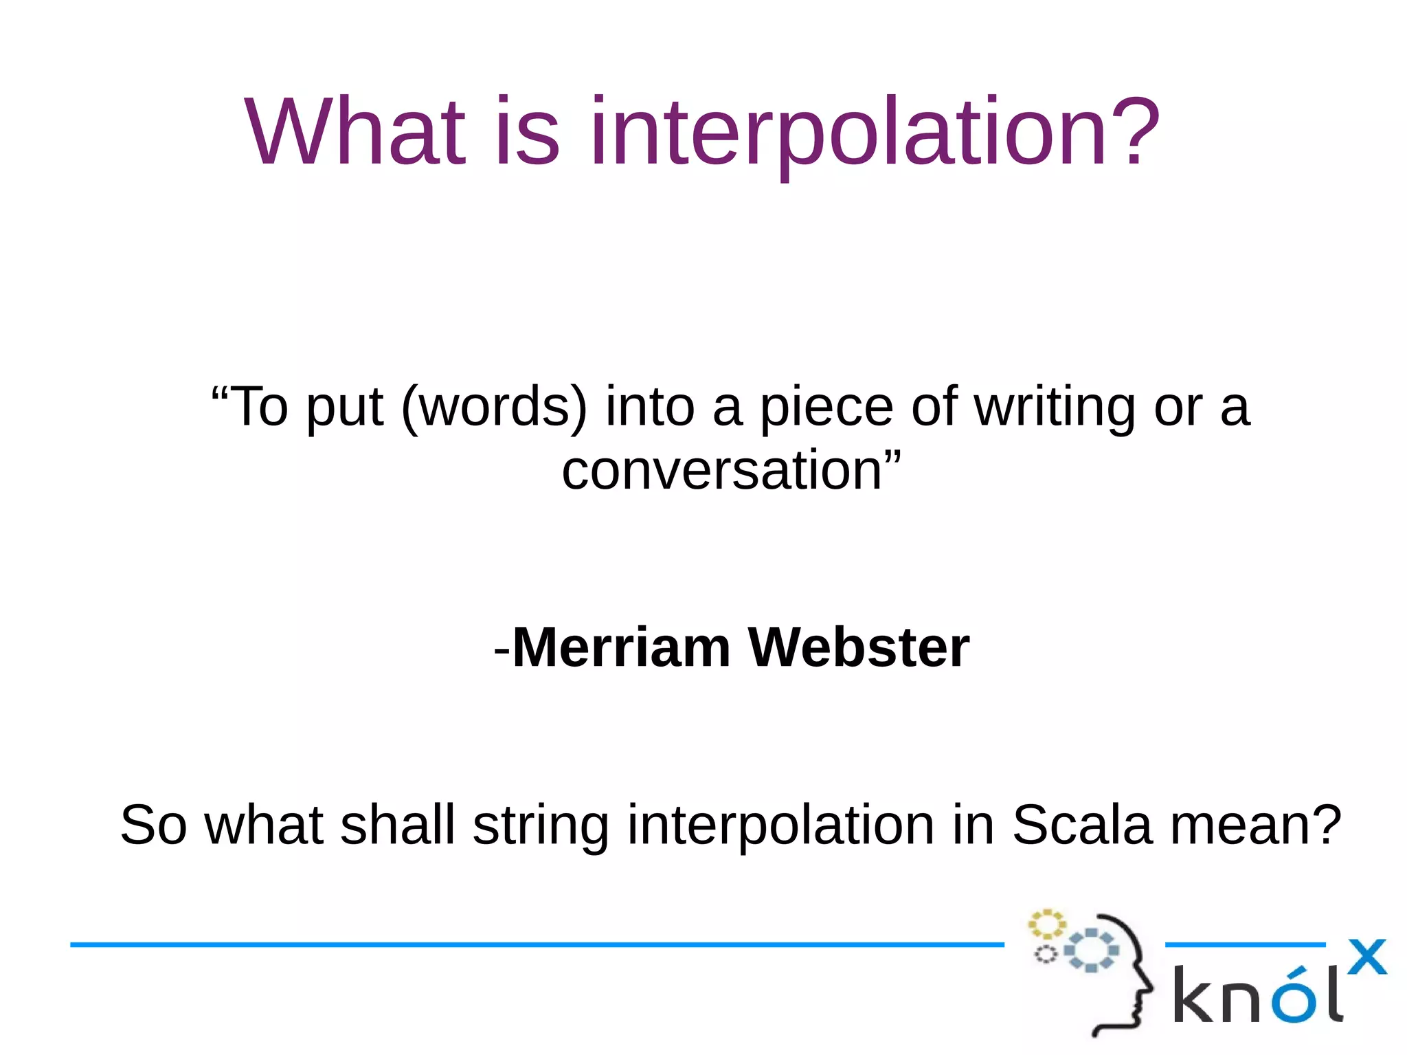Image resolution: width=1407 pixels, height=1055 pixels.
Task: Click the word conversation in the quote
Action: pos(721,471)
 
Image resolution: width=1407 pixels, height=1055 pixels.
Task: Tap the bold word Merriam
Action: pos(621,648)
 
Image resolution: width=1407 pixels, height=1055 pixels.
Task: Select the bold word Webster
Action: pos(858,648)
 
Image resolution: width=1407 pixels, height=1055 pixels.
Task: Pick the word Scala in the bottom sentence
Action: pos(1081,825)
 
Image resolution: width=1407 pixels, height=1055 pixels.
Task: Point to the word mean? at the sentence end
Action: pos(1256,825)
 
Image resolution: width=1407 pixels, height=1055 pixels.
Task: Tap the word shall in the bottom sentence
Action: pos(398,825)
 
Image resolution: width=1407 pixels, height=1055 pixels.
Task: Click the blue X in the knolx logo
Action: pos(1366,956)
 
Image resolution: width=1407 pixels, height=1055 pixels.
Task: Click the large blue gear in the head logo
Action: pos(1091,950)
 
